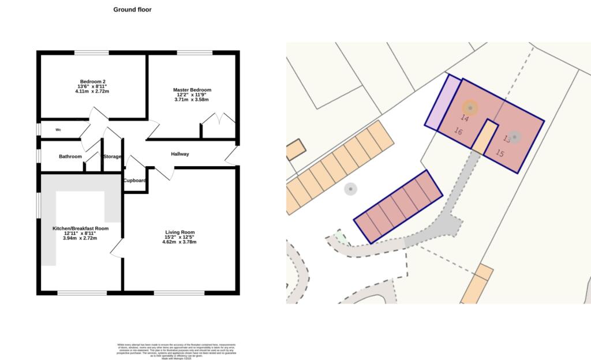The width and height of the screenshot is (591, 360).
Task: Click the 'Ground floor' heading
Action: coord(132,9)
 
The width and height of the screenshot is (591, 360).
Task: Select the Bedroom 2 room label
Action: coord(92,81)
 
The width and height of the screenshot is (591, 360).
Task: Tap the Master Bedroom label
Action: coord(192,90)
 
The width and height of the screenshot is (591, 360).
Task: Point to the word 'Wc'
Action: coord(58,130)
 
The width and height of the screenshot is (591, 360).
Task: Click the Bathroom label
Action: coord(70,156)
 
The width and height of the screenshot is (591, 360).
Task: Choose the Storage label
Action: coord(112,156)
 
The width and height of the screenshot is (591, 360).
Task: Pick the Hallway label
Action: coord(180,154)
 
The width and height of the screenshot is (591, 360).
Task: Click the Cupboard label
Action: coord(134,181)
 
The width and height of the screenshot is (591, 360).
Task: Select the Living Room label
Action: coord(179,232)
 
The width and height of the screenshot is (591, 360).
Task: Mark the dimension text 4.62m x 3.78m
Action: coord(179,242)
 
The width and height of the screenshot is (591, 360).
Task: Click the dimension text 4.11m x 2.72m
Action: coord(92,92)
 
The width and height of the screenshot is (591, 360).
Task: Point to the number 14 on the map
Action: coord(465,118)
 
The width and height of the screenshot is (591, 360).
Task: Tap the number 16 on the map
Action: coord(458,132)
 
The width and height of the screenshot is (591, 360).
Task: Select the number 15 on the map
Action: coord(500,153)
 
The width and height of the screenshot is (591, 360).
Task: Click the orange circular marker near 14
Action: coord(470,107)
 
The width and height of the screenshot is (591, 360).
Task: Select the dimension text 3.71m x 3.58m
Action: coord(192,100)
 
